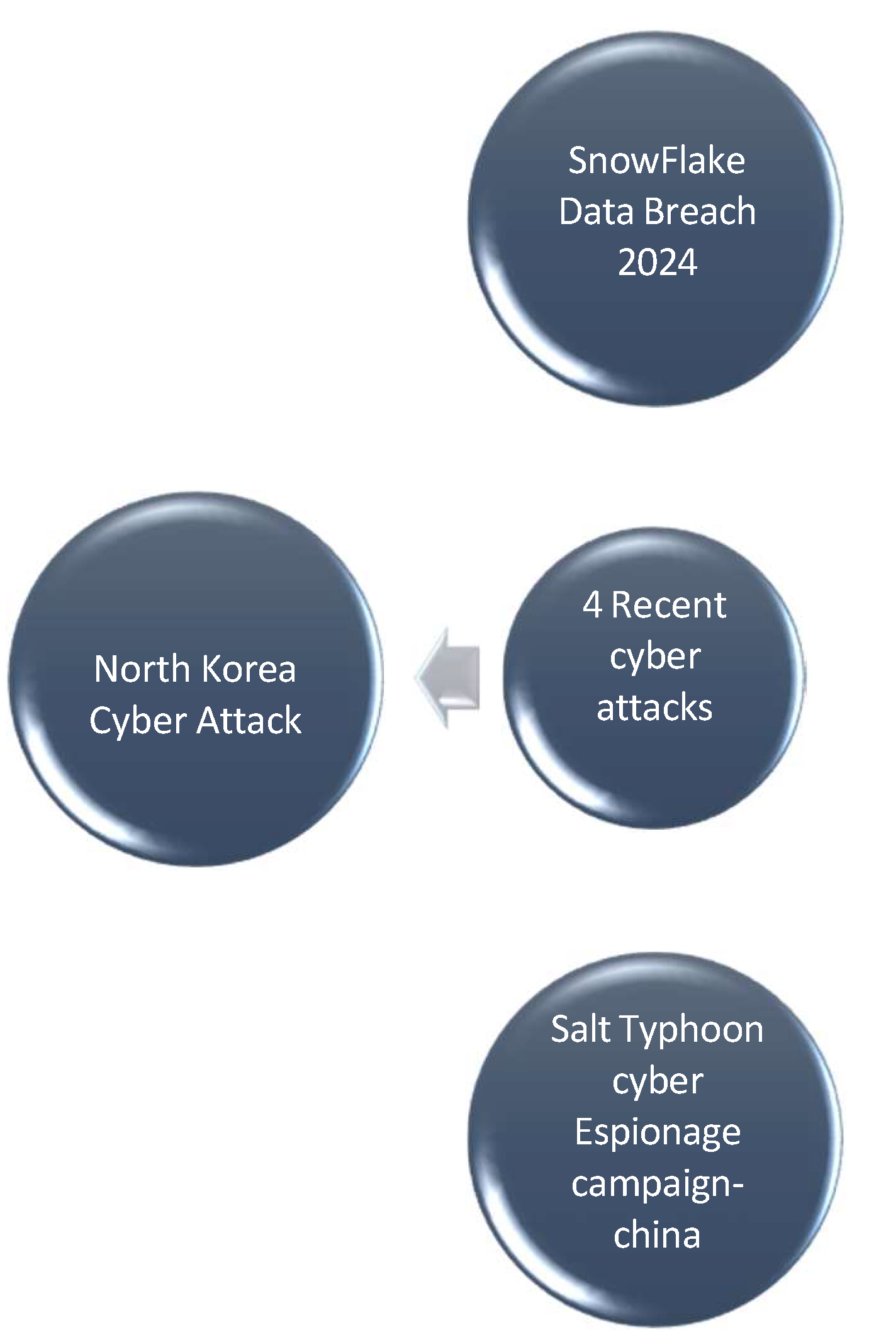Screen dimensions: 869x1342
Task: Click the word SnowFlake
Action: [x=656, y=161]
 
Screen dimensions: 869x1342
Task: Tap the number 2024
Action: [x=657, y=262]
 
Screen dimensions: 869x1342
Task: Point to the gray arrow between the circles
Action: [x=449, y=677]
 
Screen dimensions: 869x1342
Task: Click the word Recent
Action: [x=668, y=606]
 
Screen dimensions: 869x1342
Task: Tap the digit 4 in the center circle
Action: [x=592, y=606]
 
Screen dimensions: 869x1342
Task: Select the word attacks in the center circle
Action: [x=654, y=708]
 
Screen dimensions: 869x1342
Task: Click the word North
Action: [x=142, y=668]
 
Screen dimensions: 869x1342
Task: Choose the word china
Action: [x=657, y=1234]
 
